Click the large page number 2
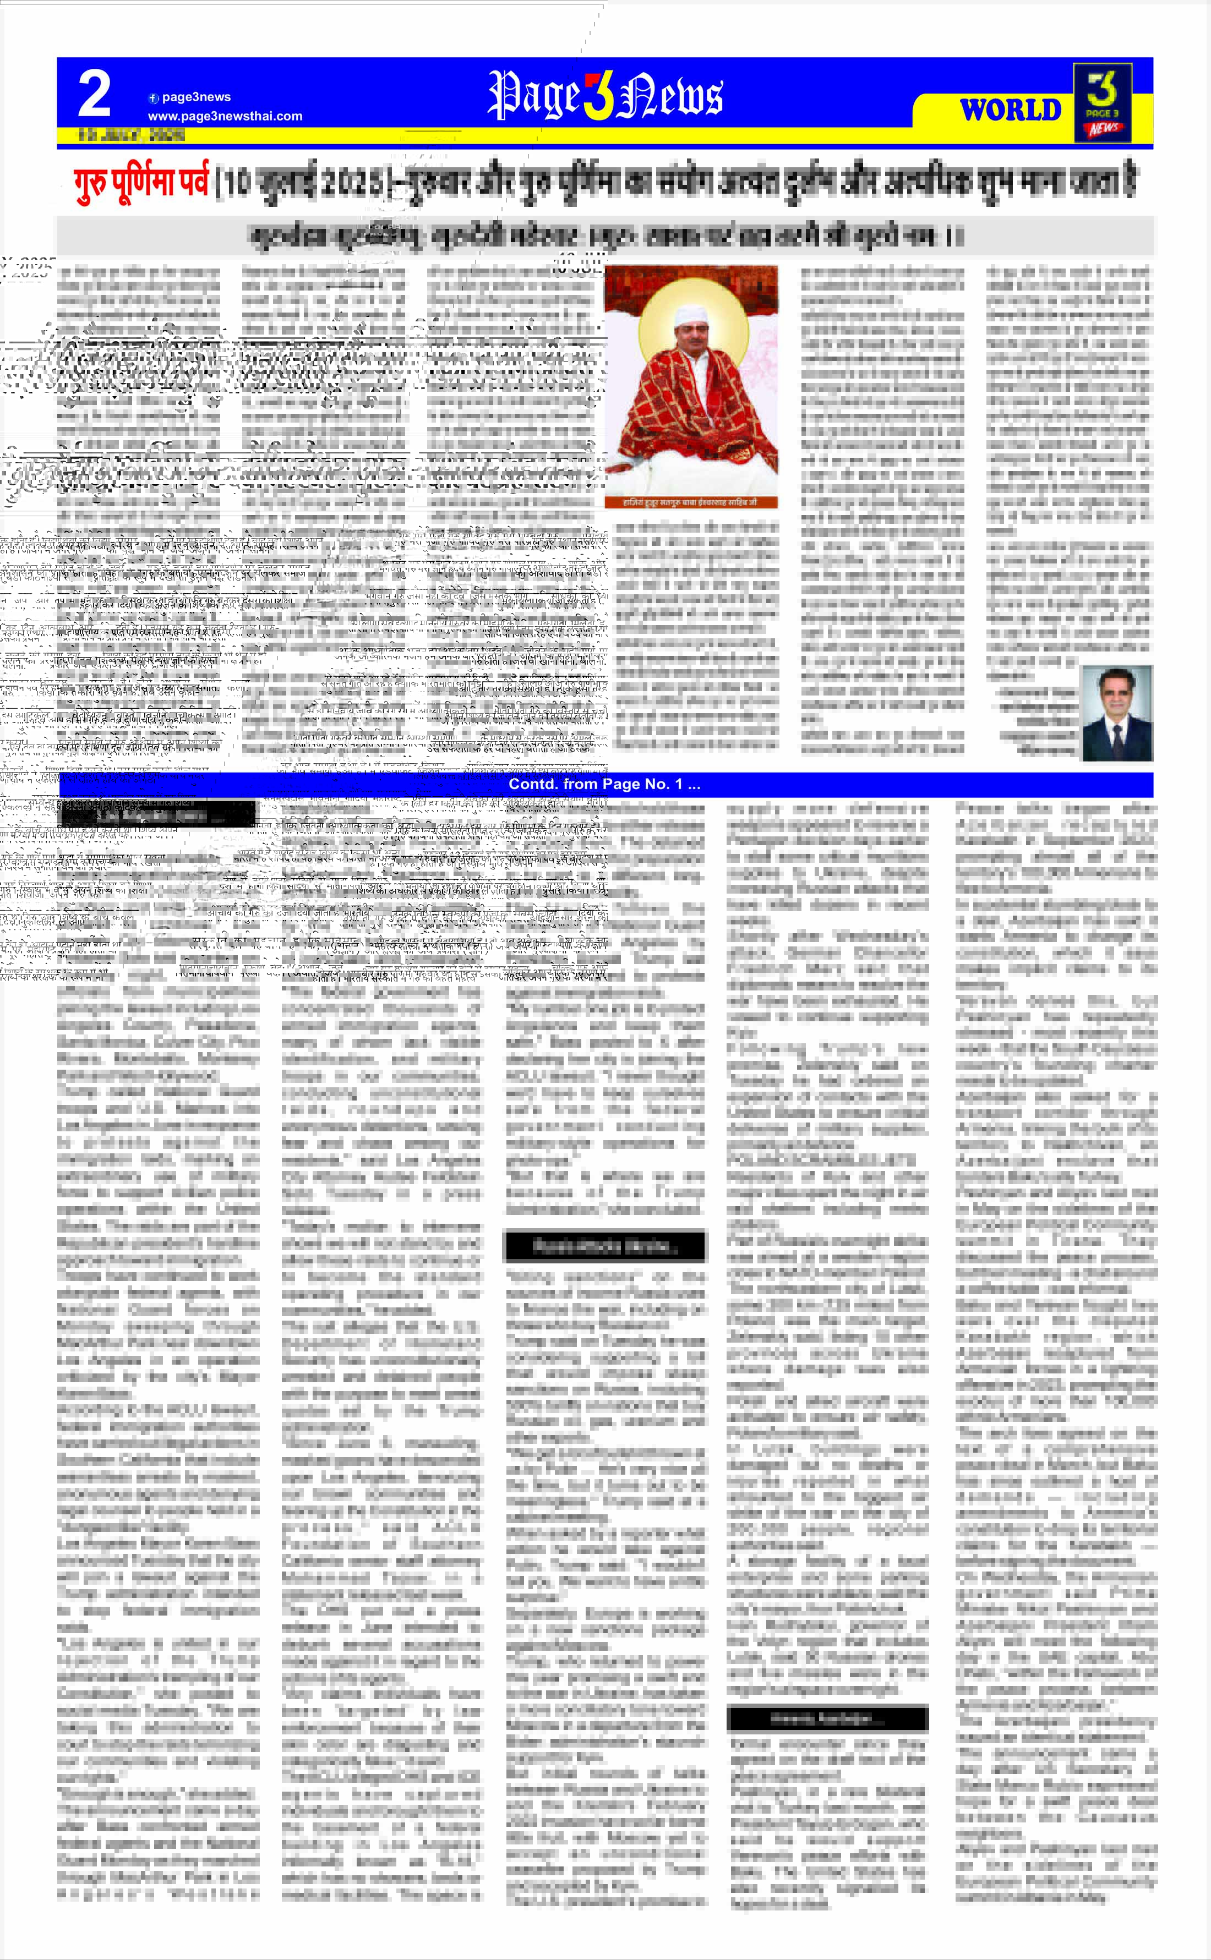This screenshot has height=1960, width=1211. click(94, 95)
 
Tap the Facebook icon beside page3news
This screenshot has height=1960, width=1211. click(154, 98)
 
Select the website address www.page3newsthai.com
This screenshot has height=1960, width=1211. click(225, 116)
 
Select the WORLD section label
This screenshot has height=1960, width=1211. click(1010, 110)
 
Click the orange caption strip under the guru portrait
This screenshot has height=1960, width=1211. click(690, 502)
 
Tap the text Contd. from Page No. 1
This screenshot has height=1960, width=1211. click(605, 785)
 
